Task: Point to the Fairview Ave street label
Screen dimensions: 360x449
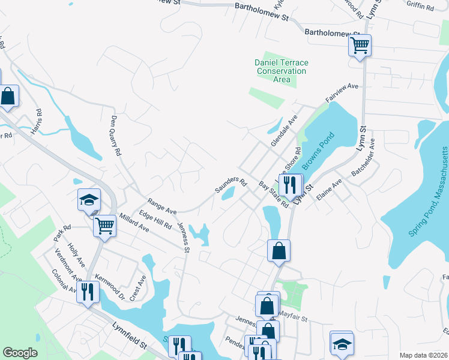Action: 342,92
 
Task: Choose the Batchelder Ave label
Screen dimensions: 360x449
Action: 363,157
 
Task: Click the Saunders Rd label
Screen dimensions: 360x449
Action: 231,185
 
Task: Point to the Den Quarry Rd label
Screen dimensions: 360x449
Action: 115,136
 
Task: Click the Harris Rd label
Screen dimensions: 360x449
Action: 39,121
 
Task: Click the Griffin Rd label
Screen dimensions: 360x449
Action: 420,6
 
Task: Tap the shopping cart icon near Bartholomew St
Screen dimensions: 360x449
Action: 360,44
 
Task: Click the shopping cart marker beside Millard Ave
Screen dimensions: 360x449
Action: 104,226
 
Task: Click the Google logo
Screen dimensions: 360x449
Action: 20,353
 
